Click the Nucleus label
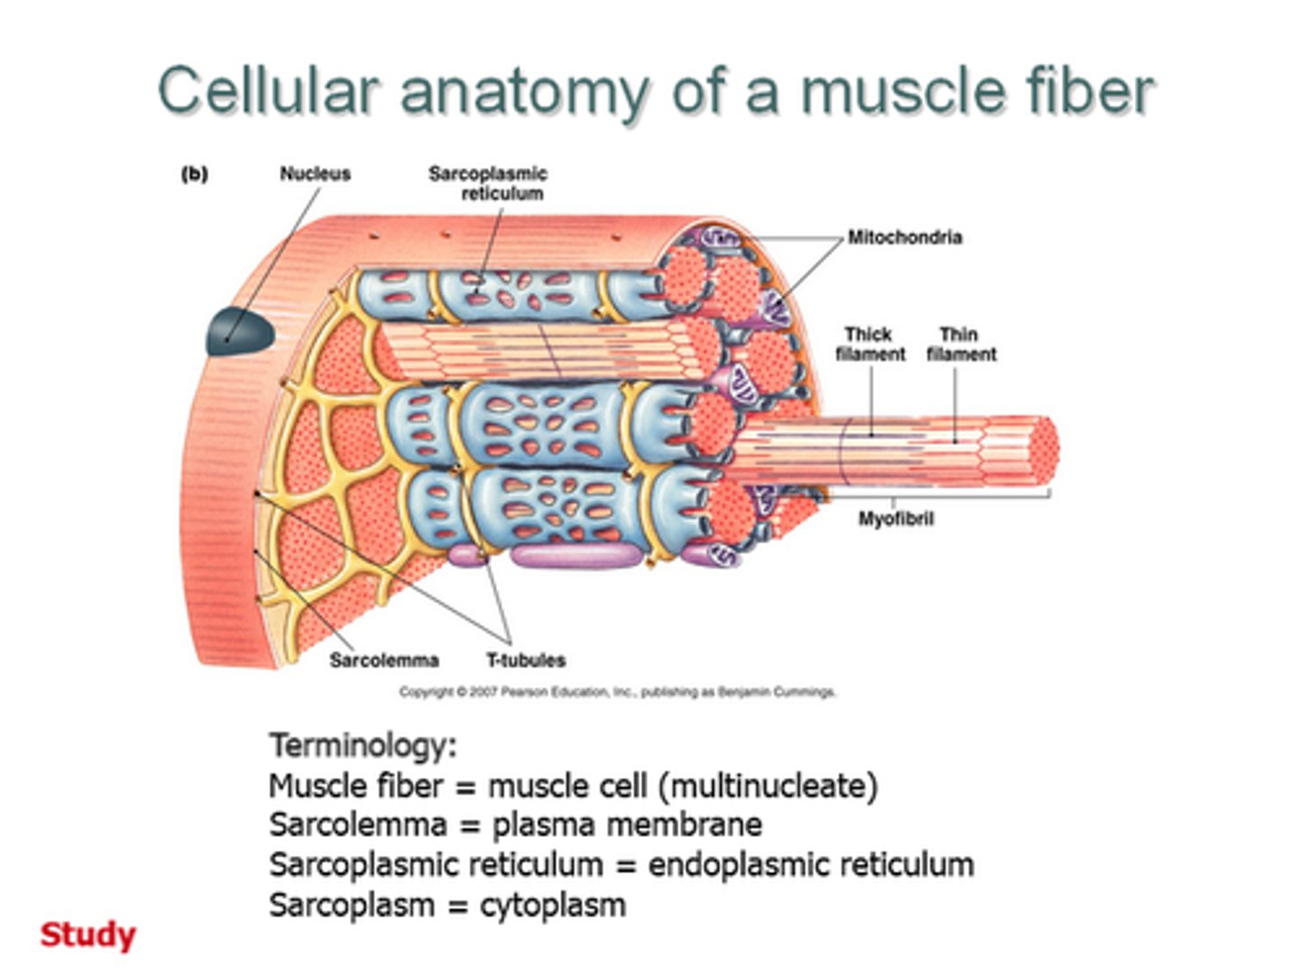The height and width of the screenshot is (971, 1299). pos(315,174)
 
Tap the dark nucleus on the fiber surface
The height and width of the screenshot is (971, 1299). pos(240,331)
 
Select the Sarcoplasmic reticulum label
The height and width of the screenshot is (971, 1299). pos(488,183)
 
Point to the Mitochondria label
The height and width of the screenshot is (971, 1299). pos(904,237)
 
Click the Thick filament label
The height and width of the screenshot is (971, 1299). pos(870,344)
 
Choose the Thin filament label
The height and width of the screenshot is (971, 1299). pos(961,344)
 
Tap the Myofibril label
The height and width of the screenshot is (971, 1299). pos(895,518)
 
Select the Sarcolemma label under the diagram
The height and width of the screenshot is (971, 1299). pos(383,660)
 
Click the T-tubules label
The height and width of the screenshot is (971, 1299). pos(526,660)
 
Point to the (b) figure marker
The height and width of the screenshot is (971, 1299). pos(195,174)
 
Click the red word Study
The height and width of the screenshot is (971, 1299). pos(88,934)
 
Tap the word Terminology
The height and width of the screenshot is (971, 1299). pos(363,746)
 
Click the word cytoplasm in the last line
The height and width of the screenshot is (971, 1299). pos(552,904)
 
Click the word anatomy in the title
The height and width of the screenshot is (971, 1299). pos(524,91)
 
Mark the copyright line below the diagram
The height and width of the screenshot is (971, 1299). pos(618,692)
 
